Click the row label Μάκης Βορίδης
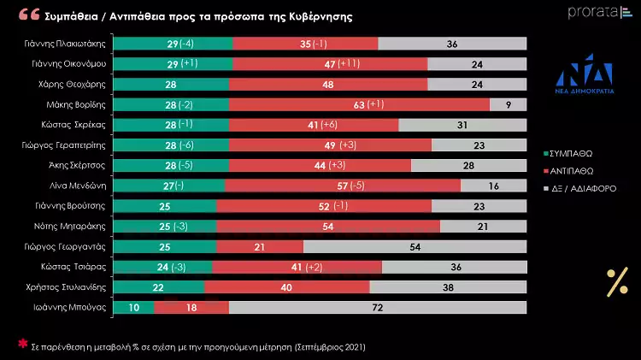(79, 104)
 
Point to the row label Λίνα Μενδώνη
(80, 186)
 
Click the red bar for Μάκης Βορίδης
(358, 104)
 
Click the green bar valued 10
(132, 308)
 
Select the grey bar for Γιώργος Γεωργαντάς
(414, 246)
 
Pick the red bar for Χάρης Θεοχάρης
(328, 84)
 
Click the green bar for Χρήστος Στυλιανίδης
(158, 287)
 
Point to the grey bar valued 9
(508, 104)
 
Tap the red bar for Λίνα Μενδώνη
(342, 186)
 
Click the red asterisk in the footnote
(23, 344)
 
